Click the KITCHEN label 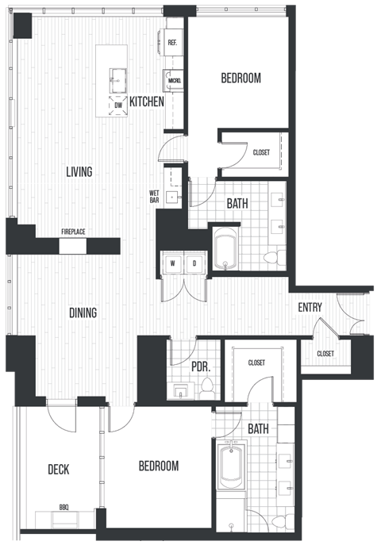click(147, 102)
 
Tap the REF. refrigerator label click(172, 41)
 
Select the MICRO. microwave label click(174, 80)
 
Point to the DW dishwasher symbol click(118, 104)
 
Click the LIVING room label click(79, 171)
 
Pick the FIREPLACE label click(74, 232)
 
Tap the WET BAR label click(155, 195)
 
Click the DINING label click(82, 313)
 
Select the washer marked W click(172, 263)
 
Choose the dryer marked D click(192, 263)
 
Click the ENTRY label click(310, 307)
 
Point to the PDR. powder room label click(200, 367)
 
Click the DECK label click(58, 469)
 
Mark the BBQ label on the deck click(63, 507)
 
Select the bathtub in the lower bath click(233, 468)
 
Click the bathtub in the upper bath click(226, 249)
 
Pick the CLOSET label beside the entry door click(325, 354)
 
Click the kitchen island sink click(120, 78)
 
